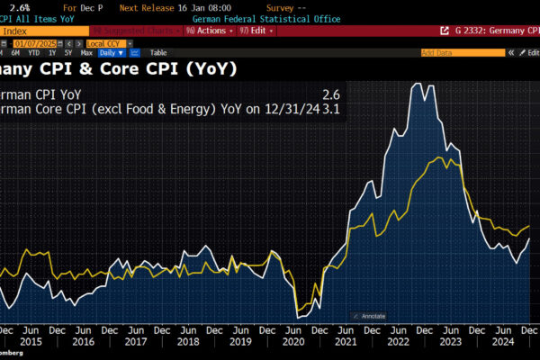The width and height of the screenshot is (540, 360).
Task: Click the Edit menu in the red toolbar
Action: [257, 31]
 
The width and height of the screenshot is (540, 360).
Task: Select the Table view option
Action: [157, 53]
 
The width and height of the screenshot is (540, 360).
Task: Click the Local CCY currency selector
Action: [104, 41]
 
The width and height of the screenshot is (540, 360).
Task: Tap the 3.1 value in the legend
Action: [333, 109]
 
